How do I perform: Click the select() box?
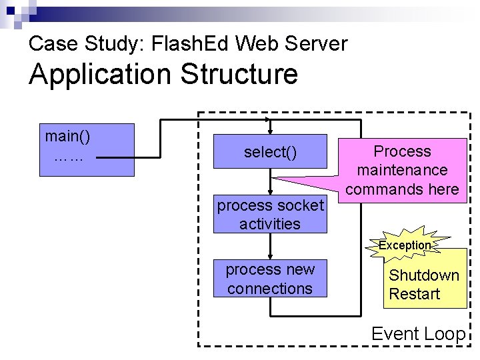tap(270, 153)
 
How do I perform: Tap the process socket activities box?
tap(270, 215)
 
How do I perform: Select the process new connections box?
tap(270, 279)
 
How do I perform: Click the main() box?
tap(86, 149)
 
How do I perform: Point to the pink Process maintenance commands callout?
tap(403, 170)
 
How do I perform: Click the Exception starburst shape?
tap(405, 245)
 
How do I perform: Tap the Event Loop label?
tap(418, 333)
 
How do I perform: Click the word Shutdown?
tap(424, 275)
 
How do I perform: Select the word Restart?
tap(415, 294)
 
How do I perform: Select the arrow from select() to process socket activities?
tap(270, 184)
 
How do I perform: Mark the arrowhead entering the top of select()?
tap(269, 131)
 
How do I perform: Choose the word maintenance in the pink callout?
tap(402, 171)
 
